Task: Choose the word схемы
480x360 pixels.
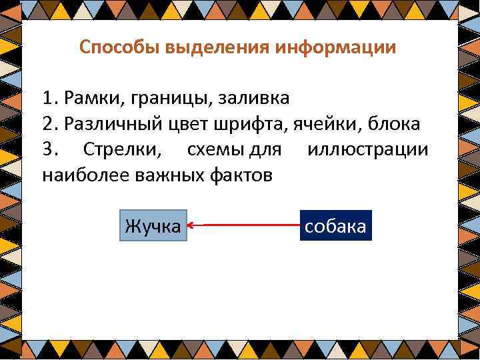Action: click(216, 149)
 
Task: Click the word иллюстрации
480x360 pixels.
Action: click(368, 149)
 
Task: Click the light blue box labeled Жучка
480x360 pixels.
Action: click(153, 226)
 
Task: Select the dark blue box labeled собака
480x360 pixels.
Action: click(335, 226)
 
